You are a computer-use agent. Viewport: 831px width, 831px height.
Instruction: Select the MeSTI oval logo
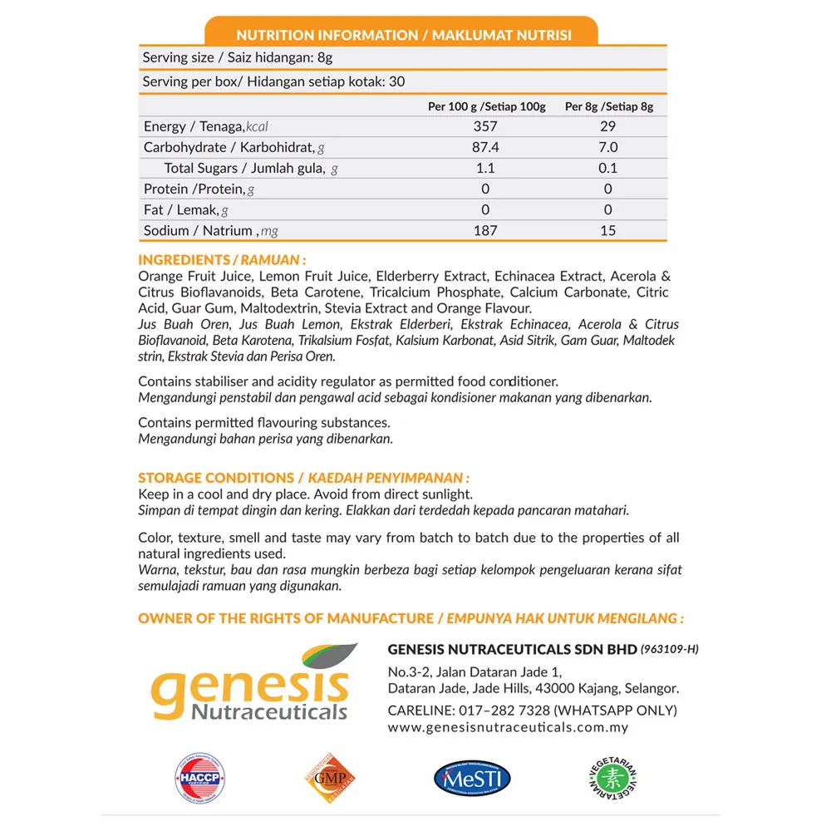pos(472,779)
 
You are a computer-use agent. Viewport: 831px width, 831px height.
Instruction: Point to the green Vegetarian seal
pos(613,779)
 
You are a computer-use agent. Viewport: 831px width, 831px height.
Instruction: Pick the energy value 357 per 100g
pos(486,126)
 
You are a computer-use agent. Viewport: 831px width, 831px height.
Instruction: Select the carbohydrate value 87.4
pos(486,147)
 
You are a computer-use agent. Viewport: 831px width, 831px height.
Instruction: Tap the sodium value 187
pos(486,230)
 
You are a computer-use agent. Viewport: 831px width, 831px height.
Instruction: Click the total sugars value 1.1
pos(486,168)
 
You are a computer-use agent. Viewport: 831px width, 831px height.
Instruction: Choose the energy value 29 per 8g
pos(608,126)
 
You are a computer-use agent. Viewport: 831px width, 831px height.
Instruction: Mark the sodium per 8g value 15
pos(608,230)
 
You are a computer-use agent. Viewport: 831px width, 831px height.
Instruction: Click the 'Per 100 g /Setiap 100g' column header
pos(486,106)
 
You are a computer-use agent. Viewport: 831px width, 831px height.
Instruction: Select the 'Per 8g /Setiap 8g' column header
pos(609,106)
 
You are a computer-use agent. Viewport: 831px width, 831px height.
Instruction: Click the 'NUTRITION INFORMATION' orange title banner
pos(402,35)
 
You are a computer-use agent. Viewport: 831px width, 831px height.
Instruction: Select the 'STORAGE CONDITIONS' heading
pos(303,478)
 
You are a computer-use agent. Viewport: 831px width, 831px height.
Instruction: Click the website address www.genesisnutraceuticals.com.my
pos(508,727)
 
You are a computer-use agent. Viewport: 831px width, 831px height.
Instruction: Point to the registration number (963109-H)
pos(670,649)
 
